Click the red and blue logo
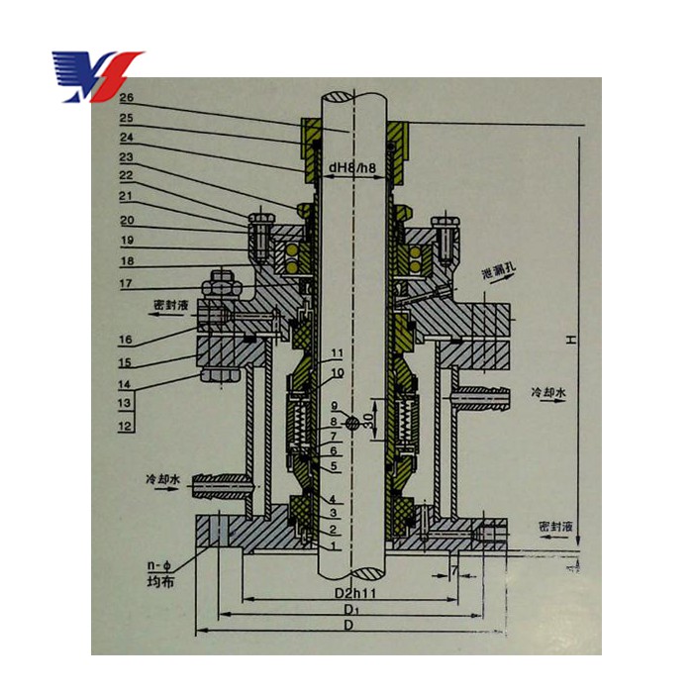97,75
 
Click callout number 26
127,98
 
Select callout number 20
127,220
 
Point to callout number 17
127,284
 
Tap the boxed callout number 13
126,404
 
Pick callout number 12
126,427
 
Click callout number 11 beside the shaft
338,353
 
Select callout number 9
335,407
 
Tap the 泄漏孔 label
497,271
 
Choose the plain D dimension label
349,630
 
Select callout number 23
127,156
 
